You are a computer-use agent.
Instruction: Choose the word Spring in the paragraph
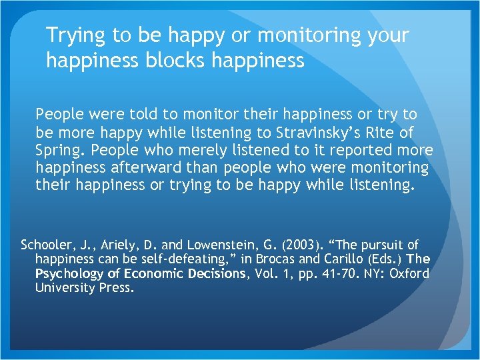tap(57, 150)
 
